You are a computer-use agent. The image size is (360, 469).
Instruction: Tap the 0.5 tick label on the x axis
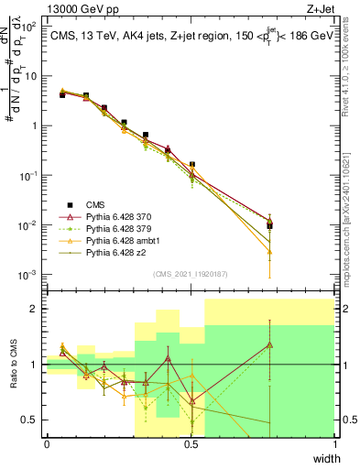[x=191, y=443]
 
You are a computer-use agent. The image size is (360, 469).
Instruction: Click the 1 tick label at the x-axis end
[x=334, y=443]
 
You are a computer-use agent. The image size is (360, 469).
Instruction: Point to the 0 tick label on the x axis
[x=47, y=443]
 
